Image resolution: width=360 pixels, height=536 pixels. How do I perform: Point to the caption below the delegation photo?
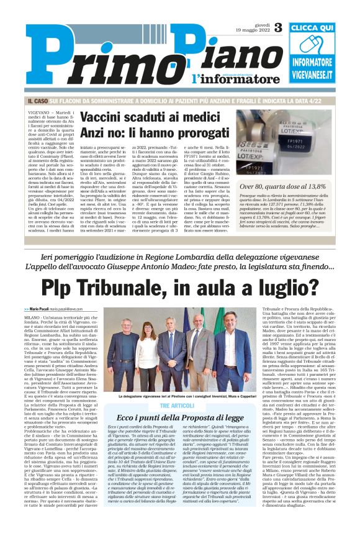point(179,395)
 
